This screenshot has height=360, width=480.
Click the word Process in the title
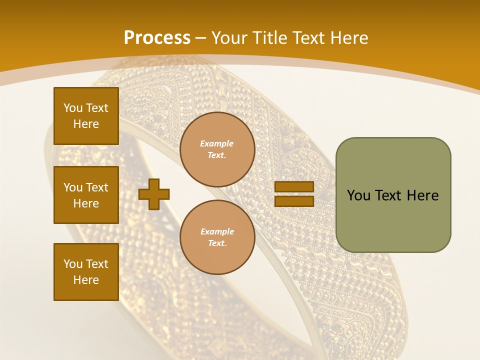click(x=157, y=37)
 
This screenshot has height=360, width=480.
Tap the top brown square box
click(x=86, y=116)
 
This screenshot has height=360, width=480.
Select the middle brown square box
click(x=86, y=195)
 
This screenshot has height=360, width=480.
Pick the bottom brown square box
click(x=86, y=272)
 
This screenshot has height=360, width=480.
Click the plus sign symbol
click(x=154, y=194)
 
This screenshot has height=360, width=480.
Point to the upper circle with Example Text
click(x=217, y=149)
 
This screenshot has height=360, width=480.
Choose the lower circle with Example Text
click(x=217, y=237)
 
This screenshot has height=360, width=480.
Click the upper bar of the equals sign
click(x=294, y=187)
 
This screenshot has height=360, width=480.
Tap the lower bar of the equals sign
click(x=294, y=201)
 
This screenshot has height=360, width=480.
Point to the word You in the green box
click(x=358, y=195)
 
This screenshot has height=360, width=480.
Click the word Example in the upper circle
click(x=217, y=143)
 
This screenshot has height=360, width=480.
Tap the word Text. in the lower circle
click(x=217, y=243)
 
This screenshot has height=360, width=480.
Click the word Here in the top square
click(x=86, y=124)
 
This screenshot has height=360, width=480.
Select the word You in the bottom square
click(x=73, y=264)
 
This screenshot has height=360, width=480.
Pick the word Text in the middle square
click(x=97, y=187)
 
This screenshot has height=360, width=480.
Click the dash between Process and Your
click(x=200, y=37)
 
